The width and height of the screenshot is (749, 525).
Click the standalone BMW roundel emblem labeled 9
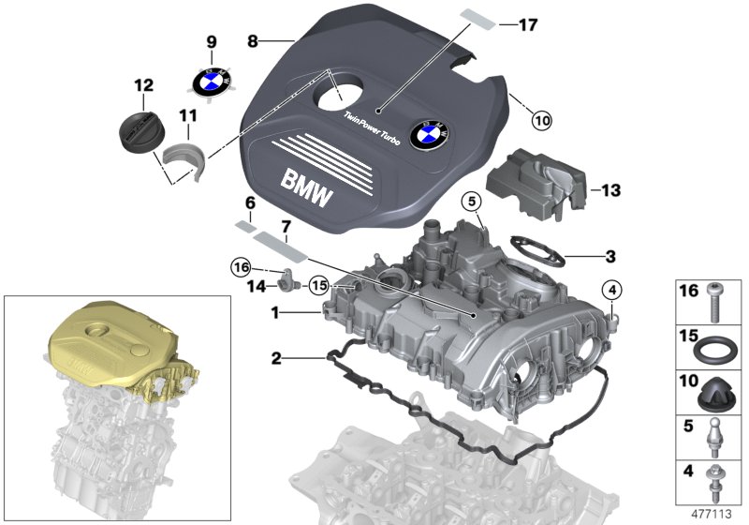211,81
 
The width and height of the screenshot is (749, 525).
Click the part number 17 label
527,24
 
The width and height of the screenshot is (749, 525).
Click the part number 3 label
610,255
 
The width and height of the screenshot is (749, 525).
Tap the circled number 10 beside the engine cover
543,120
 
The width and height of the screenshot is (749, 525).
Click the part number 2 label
276,357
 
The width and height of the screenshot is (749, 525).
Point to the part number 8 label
252,41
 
